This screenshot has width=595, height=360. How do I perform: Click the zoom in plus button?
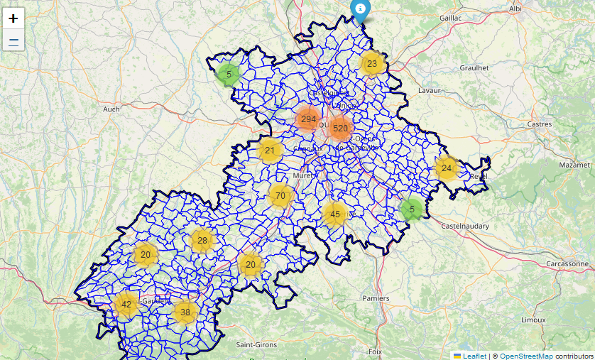(13, 18)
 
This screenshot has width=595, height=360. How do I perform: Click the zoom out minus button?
(13, 40)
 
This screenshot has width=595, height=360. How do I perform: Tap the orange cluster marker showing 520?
(340, 129)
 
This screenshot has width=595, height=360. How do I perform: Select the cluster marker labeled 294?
(308, 119)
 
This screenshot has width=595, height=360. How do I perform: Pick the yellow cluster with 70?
(280, 196)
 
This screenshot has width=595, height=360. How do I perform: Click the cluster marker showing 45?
(335, 214)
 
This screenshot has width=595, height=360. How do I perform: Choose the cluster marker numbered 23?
(372, 64)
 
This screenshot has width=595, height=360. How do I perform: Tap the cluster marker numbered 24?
(447, 168)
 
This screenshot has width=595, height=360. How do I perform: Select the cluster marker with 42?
(126, 305)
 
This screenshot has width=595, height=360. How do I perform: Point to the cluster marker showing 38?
(185, 312)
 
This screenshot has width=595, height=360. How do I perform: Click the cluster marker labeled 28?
(202, 241)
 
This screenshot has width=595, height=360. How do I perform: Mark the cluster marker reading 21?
(270, 151)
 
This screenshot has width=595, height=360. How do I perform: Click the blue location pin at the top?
(361, 9)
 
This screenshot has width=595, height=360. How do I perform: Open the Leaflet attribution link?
(474, 356)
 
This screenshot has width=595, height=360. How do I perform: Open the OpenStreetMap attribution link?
(526, 356)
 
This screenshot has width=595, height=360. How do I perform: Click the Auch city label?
(111, 109)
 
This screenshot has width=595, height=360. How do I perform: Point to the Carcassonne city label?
(567, 263)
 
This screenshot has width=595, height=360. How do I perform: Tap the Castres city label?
(540, 124)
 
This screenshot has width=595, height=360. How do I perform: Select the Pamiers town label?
(375, 298)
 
